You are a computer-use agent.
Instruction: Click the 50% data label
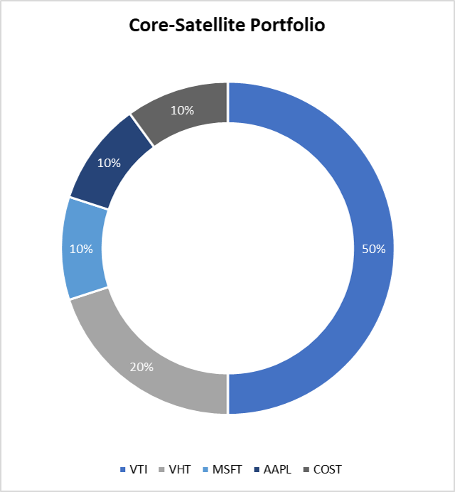click(x=373, y=250)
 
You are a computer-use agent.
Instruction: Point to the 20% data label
click(x=141, y=368)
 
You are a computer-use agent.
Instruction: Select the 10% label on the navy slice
click(x=109, y=163)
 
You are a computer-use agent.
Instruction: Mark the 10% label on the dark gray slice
click(x=183, y=111)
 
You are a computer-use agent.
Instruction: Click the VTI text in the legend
click(x=139, y=469)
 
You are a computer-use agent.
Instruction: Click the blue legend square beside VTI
click(x=123, y=469)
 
